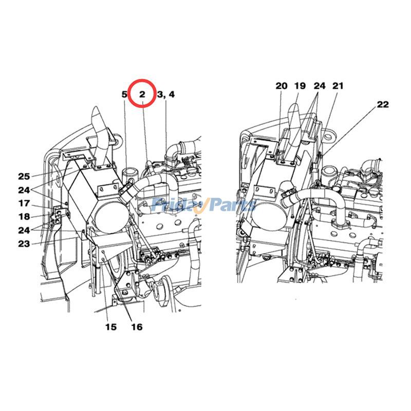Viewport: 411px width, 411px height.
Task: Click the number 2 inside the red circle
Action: [x=142, y=94]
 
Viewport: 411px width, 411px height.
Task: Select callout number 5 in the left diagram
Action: [x=124, y=95]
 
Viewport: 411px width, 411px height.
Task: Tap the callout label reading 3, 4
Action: [x=165, y=95]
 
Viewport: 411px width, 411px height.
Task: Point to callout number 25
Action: [x=24, y=176]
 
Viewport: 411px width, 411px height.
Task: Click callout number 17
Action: [x=24, y=203]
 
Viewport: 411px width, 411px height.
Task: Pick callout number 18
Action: [x=24, y=216]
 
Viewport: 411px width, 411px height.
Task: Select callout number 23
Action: [x=24, y=244]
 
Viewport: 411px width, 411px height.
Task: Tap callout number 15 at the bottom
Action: [x=111, y=327]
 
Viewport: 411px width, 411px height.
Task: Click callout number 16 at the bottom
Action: [x=136, y=327]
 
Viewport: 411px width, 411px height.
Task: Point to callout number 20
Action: [x=281, y=86]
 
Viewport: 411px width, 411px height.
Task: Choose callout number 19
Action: [x=300, y=86]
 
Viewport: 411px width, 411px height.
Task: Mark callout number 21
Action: [x=338, y=86]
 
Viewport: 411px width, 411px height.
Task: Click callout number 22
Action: [x=383, y=104]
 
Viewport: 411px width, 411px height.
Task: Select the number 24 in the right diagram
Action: [x=320, y=86]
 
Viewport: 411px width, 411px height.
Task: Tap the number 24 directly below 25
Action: [x=24, y=190]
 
